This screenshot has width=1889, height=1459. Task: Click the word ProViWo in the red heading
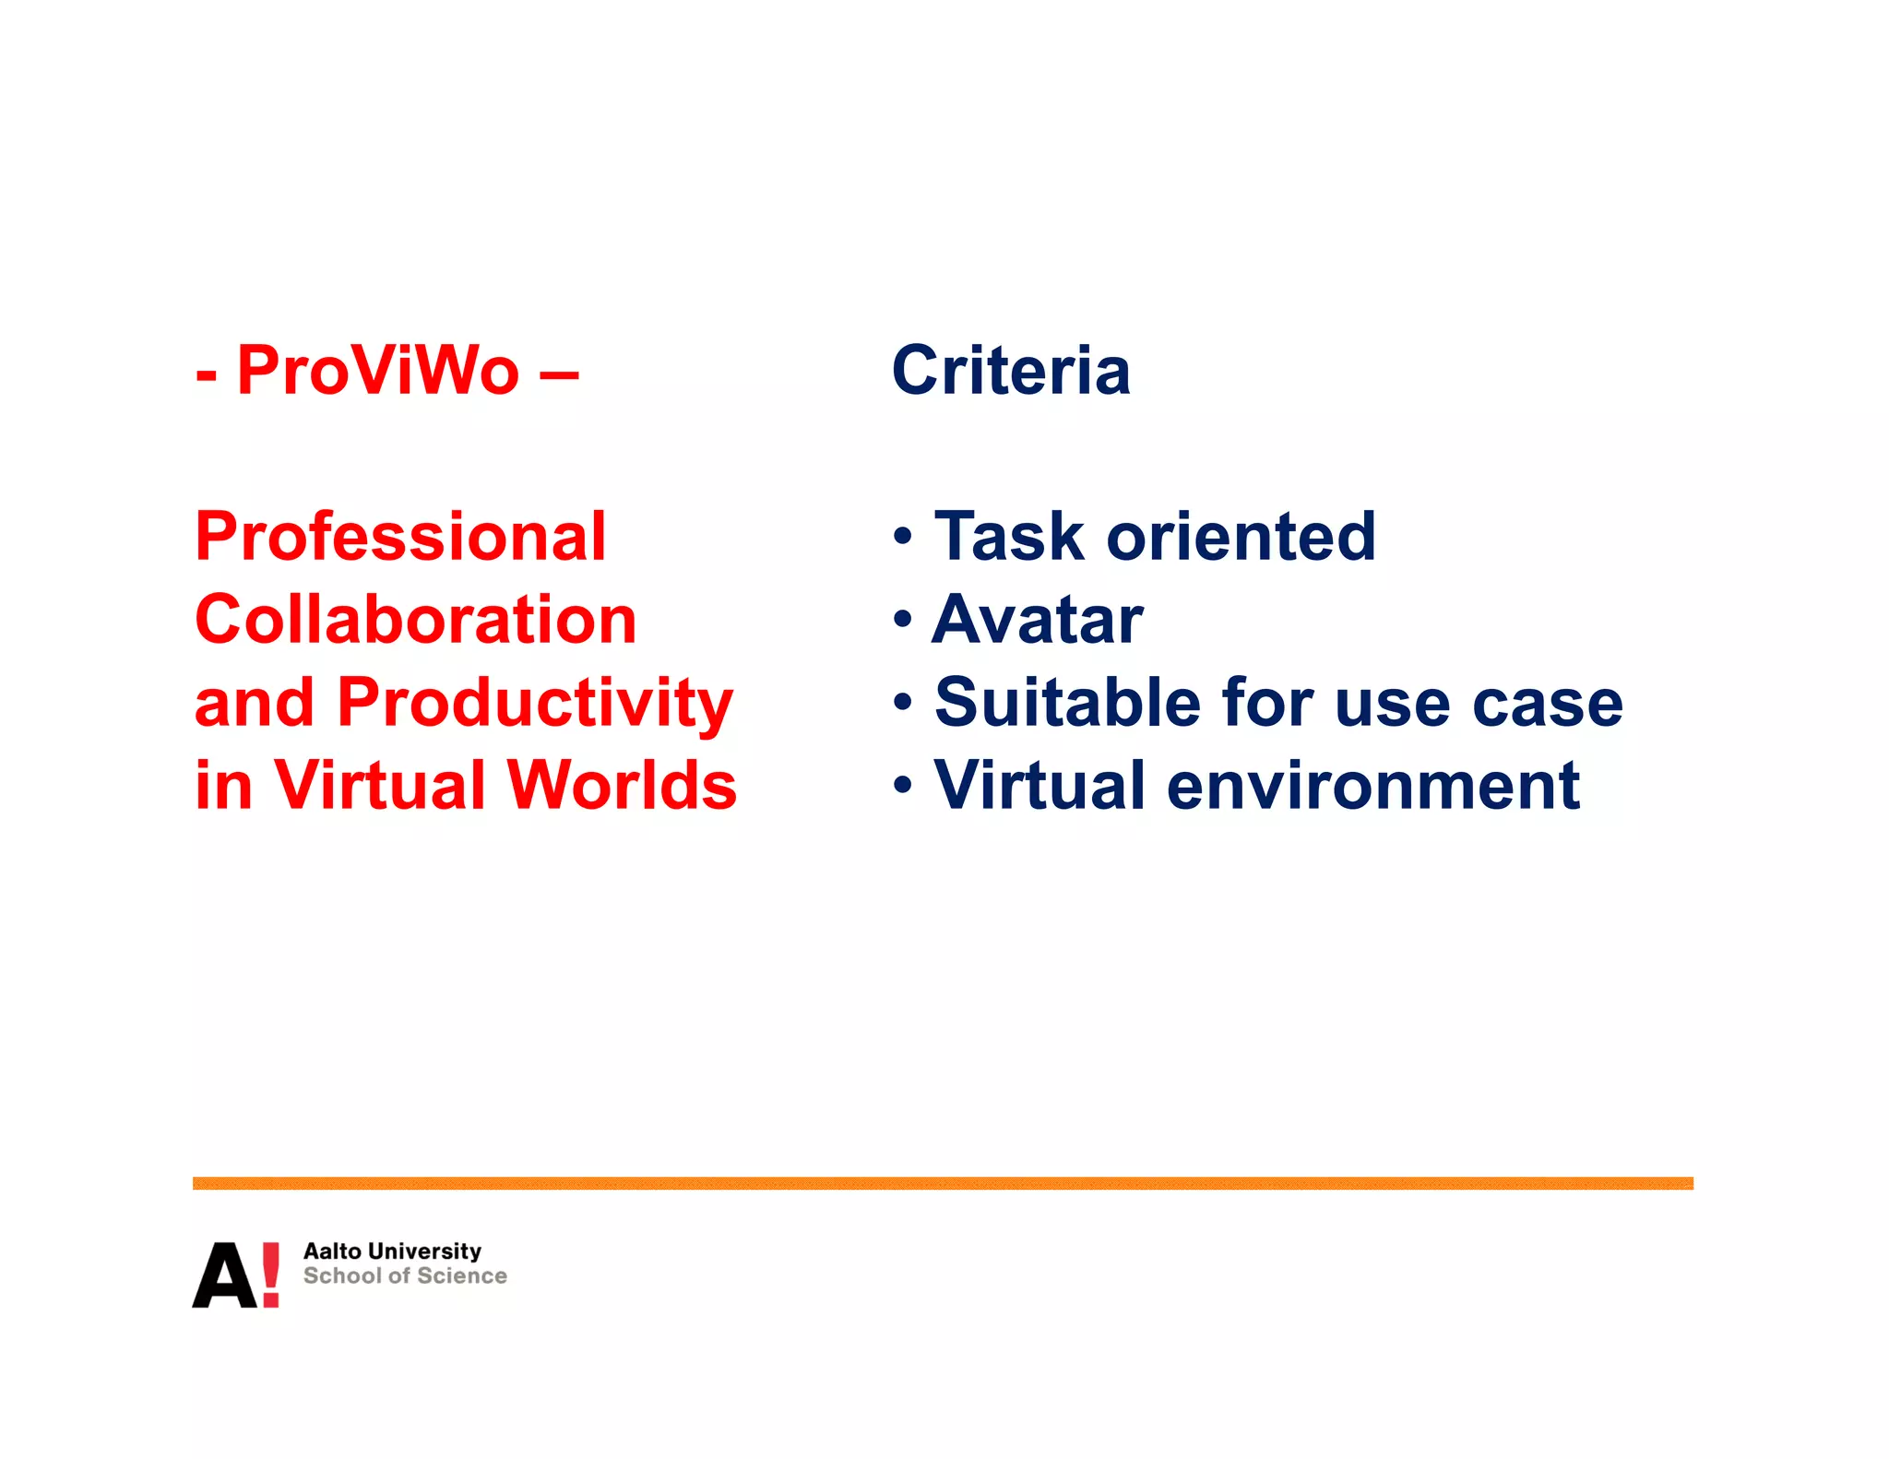[x=378, y=371]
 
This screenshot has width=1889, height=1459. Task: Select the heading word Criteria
[x=1011, y=371]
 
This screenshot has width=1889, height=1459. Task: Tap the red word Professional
[x=400, y=537]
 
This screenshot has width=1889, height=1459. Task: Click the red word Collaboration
[x=416, y=620]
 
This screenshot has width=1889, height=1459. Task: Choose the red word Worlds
[x=623, y=786]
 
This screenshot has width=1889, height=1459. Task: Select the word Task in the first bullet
[x=1009, y=537]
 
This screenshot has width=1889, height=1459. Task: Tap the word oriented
[x=1242, y=537]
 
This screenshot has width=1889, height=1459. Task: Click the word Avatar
[x=1039, y=620]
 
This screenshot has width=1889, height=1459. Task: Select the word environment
[x=1374, y=786]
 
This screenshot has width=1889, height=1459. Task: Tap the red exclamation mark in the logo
[x=270, y=1274]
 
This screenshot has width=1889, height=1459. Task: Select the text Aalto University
[x=392, y=1251]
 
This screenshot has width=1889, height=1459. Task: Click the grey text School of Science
[x=405, y=1276]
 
